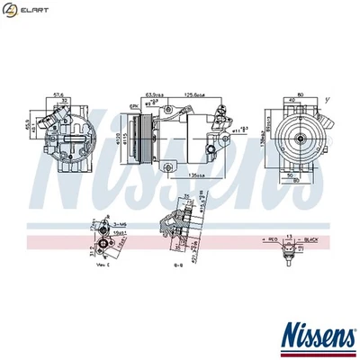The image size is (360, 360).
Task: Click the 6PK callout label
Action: click(134, 107)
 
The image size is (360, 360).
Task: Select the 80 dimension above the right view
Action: click(299, 94)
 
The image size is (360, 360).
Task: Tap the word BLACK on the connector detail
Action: click(310, 239)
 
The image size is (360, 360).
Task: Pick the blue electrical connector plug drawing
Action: click(289, 247)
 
